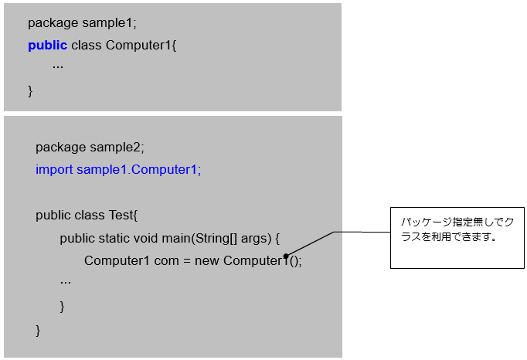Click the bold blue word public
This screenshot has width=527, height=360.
(47, 45)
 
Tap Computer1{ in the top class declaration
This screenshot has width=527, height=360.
(141, 45)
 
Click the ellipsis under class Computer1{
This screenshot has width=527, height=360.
(58, 66)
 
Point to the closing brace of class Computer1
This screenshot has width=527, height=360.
(31, 91)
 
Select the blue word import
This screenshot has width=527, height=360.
(54, 169)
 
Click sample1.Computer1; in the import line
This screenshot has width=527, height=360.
(138, 169)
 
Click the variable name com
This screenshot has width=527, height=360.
(166, 260)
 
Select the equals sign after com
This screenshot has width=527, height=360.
(187, 260)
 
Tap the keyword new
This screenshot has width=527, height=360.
(207, 260)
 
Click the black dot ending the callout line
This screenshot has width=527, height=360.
(286, 256)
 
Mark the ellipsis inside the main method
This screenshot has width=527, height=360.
(66, 282)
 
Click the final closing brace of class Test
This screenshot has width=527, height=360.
(39, 330)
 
